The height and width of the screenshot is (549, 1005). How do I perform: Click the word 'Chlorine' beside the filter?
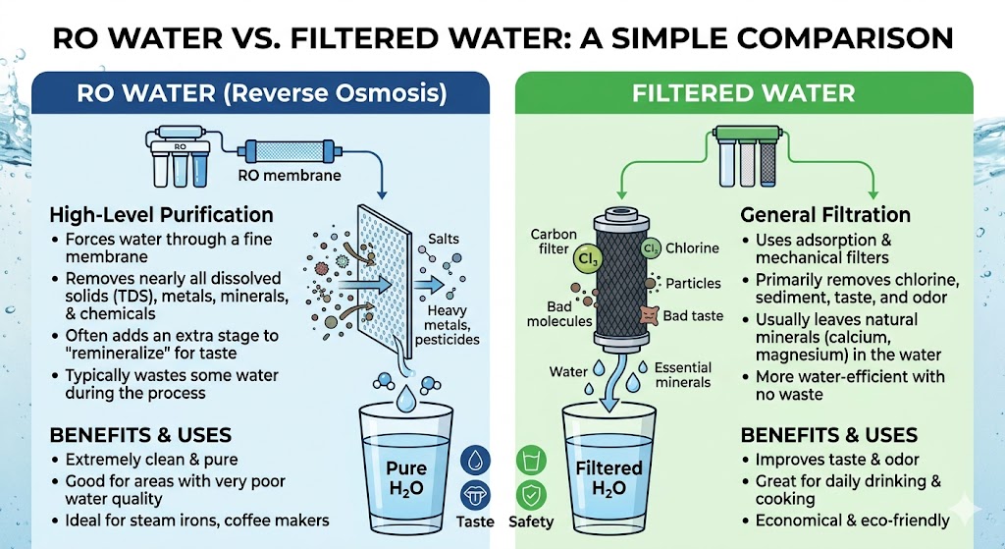pyautogui.click(x=693, y=248)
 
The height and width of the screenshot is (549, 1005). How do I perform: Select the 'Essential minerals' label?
pyautogui.click(x=683, y=374)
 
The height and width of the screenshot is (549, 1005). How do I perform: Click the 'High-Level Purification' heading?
pyautogui.click(x=162, y=214)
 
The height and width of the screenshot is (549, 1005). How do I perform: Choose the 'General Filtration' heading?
pyautogui.click(x=825, y=214)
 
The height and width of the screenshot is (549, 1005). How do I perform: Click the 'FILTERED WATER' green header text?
pyautogui.click(x=743, y=94)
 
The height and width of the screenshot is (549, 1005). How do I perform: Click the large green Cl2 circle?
pyautogui.click(x=560, y=261)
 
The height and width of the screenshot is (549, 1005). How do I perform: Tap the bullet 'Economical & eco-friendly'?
pyautogui.click(x=852, y=521)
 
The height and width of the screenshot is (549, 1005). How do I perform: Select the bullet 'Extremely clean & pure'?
pyautogui.click(x=151, y=460)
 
